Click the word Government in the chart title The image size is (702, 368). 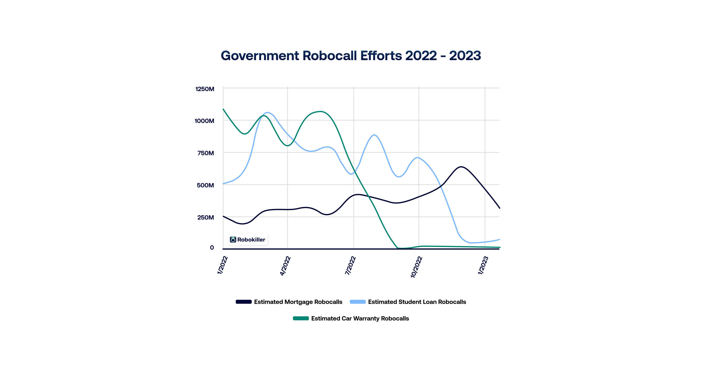click(260, 56)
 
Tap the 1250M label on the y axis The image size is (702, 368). click(205, 89)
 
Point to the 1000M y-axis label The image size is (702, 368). click(204, 121)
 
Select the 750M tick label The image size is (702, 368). click(205, 153)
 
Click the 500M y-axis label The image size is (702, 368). click(205, 185)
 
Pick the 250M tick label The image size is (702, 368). click(205, 218)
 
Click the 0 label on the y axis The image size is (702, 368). click(212, 248)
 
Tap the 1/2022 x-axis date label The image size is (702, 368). click(222, 265)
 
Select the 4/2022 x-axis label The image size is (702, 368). click(285, 266)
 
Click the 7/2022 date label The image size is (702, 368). click(350, 266)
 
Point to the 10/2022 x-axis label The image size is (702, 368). click(416, 267)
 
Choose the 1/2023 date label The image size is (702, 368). click(483, 266)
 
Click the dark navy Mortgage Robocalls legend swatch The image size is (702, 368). click(243, 302)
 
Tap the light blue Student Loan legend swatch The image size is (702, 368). click(358, 302)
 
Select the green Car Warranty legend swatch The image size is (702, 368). click(301, 319)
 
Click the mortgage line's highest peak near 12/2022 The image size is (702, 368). click(461, 167)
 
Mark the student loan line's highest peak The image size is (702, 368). click(267, 113)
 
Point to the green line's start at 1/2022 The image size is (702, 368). click(223, 109)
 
